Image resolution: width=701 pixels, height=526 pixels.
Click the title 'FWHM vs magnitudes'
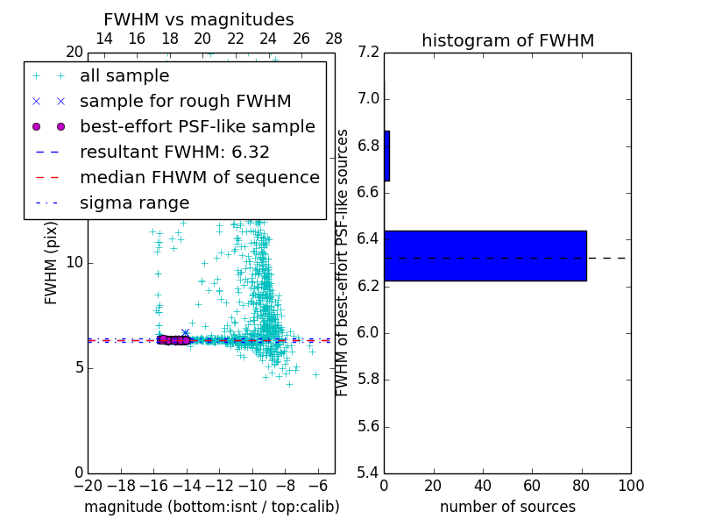199,19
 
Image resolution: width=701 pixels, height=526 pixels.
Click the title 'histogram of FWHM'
507,40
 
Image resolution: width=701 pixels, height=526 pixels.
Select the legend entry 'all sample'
124,76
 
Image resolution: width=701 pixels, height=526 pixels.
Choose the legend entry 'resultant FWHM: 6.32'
174,152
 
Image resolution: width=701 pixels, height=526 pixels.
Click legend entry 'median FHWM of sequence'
199,177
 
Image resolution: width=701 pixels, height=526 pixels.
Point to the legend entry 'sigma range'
134,203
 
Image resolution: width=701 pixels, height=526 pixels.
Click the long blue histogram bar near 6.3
485,255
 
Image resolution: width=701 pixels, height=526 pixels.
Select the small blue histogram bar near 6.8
386,156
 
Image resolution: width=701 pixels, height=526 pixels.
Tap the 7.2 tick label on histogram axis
369,52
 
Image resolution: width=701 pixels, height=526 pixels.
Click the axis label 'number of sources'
507,507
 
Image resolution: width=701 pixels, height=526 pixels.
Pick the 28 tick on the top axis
334,39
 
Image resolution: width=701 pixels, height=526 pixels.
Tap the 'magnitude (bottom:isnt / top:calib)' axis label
211,507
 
